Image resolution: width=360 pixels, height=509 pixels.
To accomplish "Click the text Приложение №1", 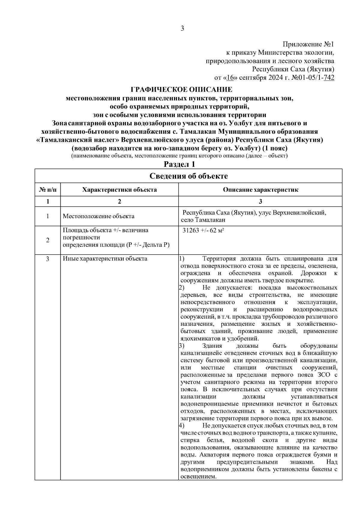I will coord(308,45).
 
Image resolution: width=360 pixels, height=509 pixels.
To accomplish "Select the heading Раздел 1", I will coord(179,164).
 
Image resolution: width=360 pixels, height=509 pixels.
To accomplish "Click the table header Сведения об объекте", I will coord(188,176).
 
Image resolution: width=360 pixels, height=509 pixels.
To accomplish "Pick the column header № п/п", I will coord(48,190).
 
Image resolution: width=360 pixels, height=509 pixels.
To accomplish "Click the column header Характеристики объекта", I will coord(119,190).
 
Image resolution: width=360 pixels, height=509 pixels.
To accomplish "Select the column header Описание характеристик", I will coord(260,190).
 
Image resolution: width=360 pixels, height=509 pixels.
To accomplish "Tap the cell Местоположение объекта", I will coord(98,216).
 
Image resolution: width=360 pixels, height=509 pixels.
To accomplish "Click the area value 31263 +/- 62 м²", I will coord(204,231).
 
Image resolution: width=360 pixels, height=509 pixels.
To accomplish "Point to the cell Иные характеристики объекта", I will coord(105,259).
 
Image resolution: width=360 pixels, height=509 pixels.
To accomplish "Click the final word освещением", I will coord(198,476).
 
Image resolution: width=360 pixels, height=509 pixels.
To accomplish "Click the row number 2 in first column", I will coord(48,240).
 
